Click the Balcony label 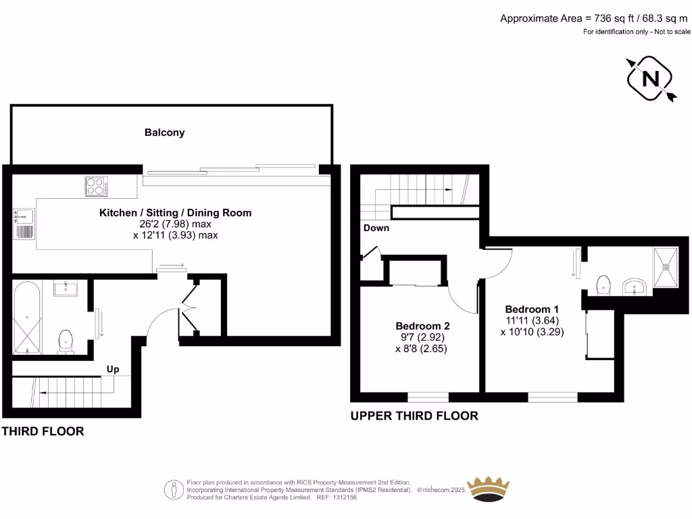click(x=164, y=132)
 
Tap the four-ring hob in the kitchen click(x=97, y=187)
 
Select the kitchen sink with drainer click(x=24, y=224)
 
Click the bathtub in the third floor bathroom click(x=27, y=318)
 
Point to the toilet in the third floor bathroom click(x=66, y=342)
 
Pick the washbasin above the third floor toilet click(x=66, y=288)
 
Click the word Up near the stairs click(x=113, y=370)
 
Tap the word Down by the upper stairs click(x=376, y=228)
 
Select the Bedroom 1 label click(x=532, y=310)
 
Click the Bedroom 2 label click(x=422, y=326)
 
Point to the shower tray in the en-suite click(x=666, y=268)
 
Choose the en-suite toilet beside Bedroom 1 click(x=603, y=286)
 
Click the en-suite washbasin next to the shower click(x=634, y=287)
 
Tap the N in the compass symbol click(x=651, y=79)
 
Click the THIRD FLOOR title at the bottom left click(x=43, y=431)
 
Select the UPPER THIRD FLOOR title click(x=414, y=416)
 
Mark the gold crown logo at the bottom click(x=488, y=489)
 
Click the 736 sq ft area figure click(x=614, y=18)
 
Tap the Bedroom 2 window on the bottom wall click(x=428, y=397)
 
